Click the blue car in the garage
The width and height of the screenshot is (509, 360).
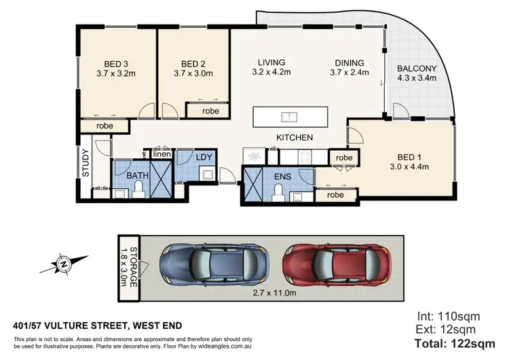pyautogui.click(x=214, y=262)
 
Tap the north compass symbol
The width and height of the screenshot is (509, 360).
pyautogui.click(x=62, y=262)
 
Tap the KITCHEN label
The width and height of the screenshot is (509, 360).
pyautogui.click(x=294, y=137)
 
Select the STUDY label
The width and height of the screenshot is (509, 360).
pyautogui.click(x=86, y=163)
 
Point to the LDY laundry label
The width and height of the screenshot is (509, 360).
pyautogui.click(x=204, y=158)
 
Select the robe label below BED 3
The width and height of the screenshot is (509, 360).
pyautogui.click(x=104, y=126)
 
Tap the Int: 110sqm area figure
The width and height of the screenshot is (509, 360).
pyautogui.click(x=444, y=317)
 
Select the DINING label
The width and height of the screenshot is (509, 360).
pyautogui.click(x=347, y=62)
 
